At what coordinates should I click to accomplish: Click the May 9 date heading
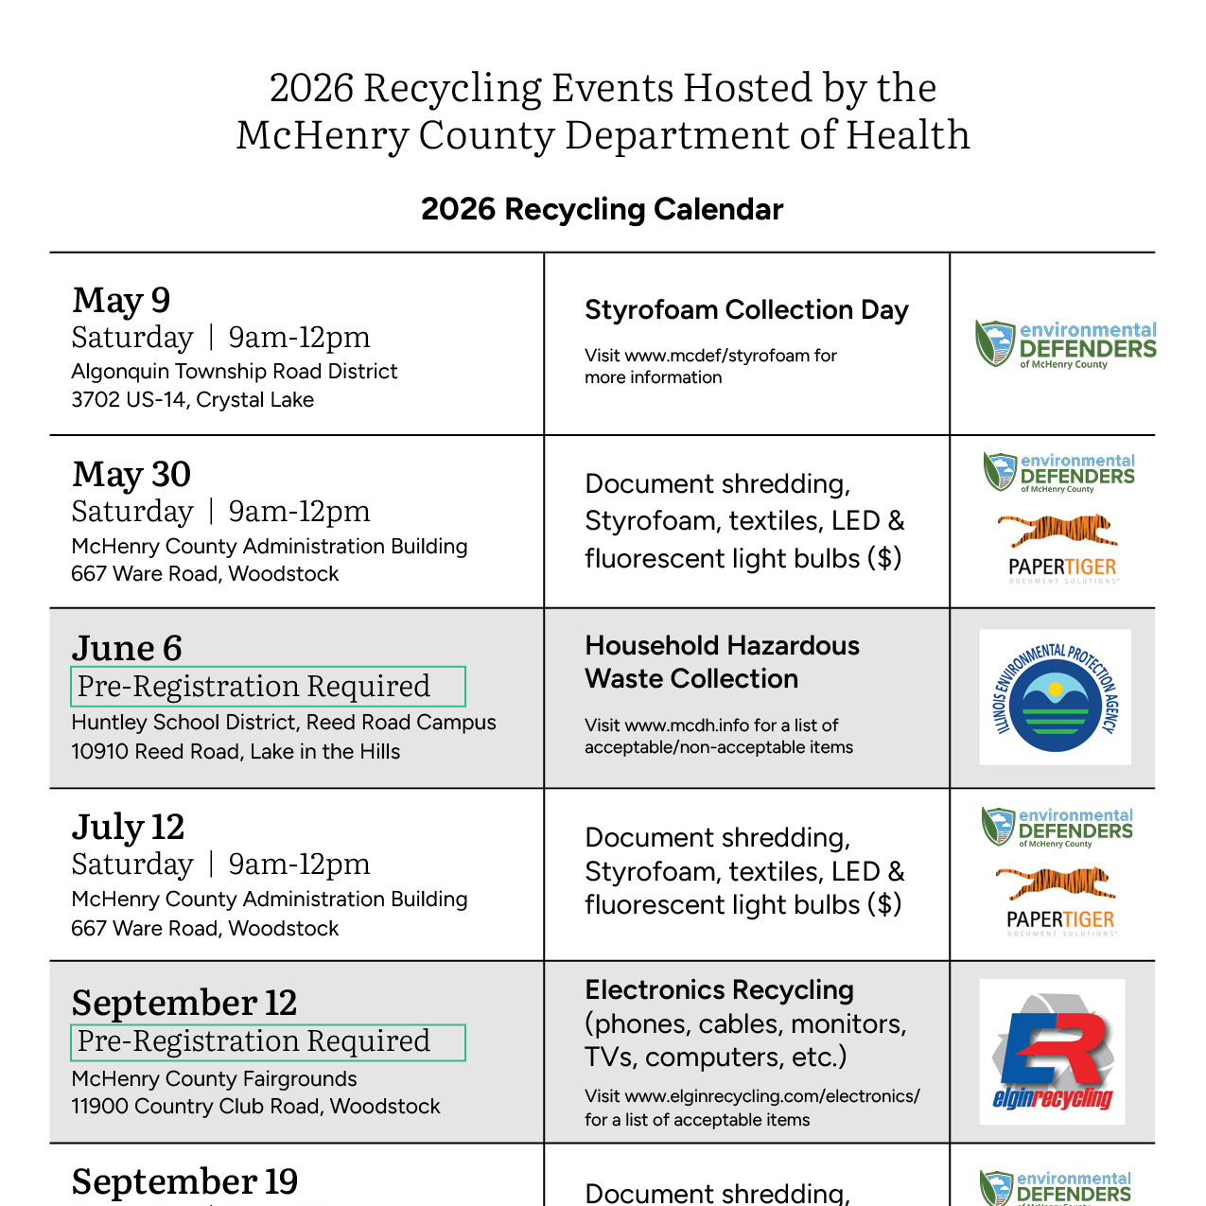[x=121, y=300]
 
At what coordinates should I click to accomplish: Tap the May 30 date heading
[x=131, y=474]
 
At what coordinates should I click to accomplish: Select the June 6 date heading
[x=127, y=648]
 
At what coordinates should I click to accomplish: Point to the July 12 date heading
[x=128, y=827]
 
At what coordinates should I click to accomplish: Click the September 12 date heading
[x=184, y=1003]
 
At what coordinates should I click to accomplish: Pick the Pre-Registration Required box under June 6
[x=268, y=686]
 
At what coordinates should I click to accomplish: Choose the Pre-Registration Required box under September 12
[x=268, y=1041]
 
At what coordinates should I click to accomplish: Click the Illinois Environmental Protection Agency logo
[x=1055, y=697]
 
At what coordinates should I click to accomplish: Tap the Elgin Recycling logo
[x=1052, y=1052]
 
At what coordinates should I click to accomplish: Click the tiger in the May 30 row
[x=1057, y=530]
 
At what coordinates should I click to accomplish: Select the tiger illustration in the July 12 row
[x=1056, y=883]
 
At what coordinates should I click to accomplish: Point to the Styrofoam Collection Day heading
[x=746, y=310]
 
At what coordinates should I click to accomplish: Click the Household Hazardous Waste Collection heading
[x=722, y=662]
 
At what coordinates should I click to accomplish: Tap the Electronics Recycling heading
[x=719, y=990]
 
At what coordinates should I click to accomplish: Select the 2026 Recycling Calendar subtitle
[x=602, y=209]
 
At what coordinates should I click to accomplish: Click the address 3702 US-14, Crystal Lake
[x=192, y=399]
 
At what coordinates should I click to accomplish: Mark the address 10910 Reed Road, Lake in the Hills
[x=236, y=751]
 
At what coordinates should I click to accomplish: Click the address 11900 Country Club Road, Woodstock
[x=255, y=1106]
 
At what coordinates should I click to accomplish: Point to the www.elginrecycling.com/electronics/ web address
[x=772, y=1096]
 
